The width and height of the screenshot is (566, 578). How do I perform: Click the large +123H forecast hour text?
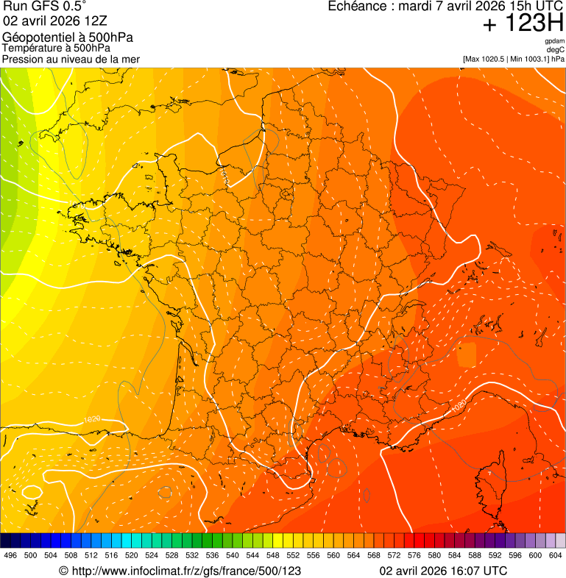[x=523, y=24]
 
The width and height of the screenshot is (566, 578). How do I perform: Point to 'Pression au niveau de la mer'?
[x=71, y=58]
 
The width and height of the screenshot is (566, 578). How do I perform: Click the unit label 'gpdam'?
[x=554, y=41]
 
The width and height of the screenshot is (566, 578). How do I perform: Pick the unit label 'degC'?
[x=556, y=49]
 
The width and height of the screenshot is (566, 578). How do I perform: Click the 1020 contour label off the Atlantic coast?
[x=92, y=419]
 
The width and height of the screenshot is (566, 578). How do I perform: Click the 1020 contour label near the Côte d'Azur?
[x=458, y=405]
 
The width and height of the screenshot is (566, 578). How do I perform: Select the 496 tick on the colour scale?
[x=10, y=555]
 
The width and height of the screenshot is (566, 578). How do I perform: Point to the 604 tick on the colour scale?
[x=556, y=555]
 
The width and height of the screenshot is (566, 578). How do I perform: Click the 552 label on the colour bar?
[x=293, y=555]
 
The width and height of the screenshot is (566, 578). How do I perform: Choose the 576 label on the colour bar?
[x=414, y=555]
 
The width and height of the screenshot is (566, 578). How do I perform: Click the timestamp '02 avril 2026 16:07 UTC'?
[x=443, y=571]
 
